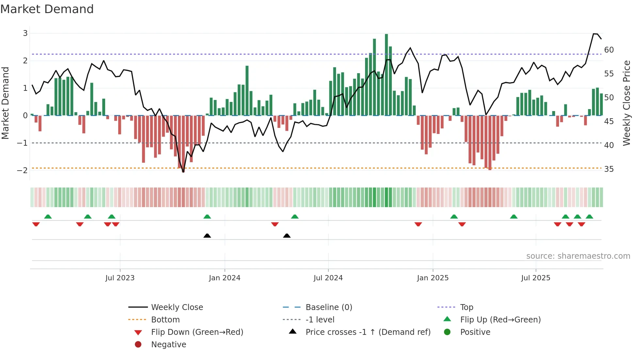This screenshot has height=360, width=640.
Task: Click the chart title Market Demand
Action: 47,9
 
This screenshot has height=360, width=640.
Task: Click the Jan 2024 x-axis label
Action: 224,278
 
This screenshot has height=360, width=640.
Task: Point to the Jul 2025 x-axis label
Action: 536,278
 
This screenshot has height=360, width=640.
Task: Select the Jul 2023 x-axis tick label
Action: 120,278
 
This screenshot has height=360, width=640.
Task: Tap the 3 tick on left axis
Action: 25,33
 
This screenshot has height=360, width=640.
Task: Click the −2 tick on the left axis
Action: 22,170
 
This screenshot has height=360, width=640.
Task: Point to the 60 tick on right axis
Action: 609,50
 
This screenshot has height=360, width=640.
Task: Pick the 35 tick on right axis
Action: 609,169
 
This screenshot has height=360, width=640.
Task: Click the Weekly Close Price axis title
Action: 626,103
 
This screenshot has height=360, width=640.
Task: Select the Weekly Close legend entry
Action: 177,307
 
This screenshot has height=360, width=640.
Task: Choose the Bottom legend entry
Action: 165,320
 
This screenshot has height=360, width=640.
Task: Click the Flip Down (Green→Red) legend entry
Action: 197,332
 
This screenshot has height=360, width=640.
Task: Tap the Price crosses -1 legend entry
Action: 368,332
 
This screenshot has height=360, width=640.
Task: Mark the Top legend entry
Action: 466,307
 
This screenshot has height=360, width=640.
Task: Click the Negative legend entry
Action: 168,345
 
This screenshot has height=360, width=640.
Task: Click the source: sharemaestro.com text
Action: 578,256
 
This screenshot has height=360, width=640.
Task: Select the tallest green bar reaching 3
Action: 386,75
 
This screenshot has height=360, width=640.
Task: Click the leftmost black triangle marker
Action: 207,236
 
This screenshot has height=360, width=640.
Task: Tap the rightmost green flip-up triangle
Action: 589,217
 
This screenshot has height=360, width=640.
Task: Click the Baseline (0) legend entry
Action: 328,307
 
